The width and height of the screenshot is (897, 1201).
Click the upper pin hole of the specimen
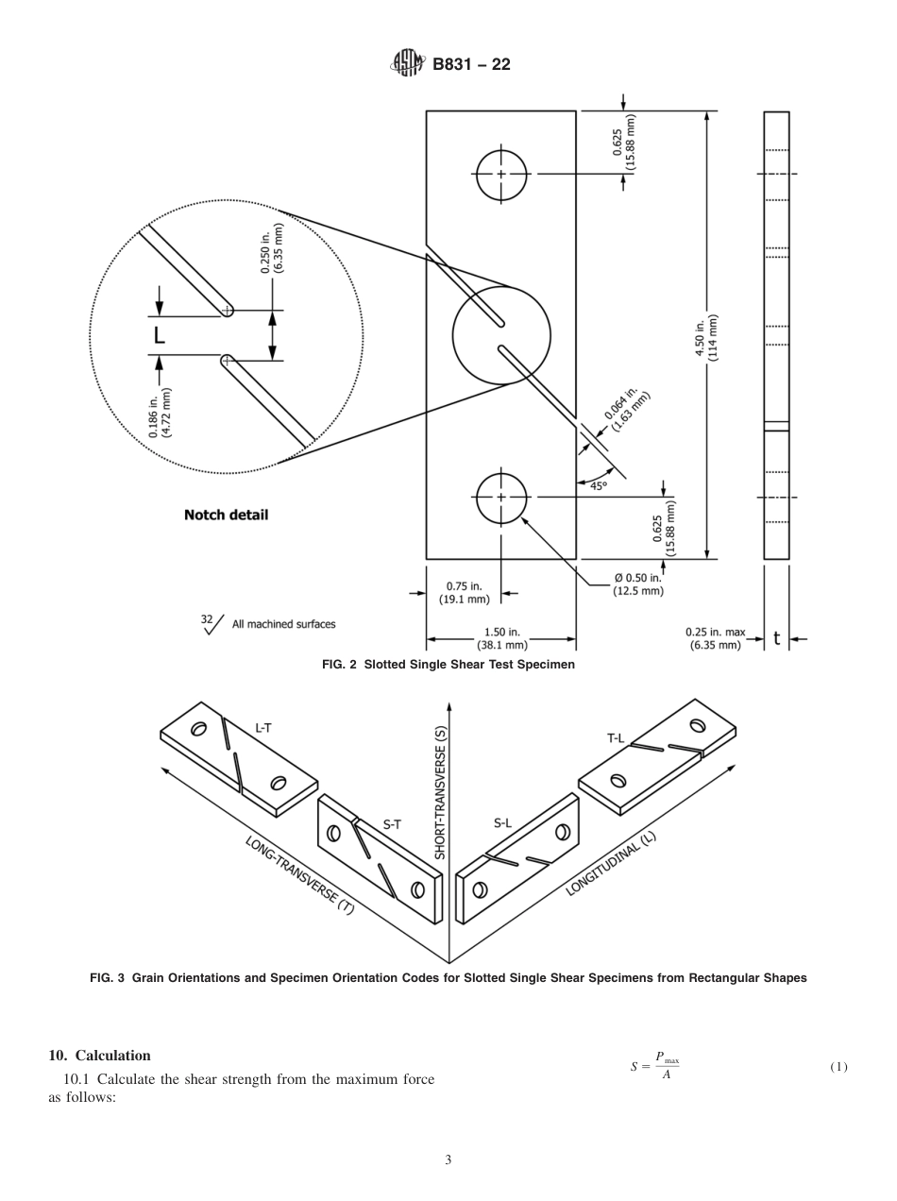point(501,175)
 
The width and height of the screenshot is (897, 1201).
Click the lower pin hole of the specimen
point(501,498)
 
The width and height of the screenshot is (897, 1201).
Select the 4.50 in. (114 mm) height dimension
point(714,335)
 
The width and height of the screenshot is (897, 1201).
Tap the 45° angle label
point(599,485)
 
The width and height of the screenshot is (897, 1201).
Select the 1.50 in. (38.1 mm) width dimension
point(501,639)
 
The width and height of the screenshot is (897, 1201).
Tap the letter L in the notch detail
point(159,333)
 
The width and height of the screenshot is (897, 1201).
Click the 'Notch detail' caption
point(226,515)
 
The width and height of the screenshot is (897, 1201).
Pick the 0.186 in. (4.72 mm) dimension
point(160,412)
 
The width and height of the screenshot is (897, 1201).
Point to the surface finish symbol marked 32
point(211,623)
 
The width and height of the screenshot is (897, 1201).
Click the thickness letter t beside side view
point(776,638)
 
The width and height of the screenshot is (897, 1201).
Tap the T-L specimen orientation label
point(616,738)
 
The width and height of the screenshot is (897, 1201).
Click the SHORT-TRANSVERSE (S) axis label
point(440,791)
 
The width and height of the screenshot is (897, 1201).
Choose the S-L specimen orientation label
point(502,822)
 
